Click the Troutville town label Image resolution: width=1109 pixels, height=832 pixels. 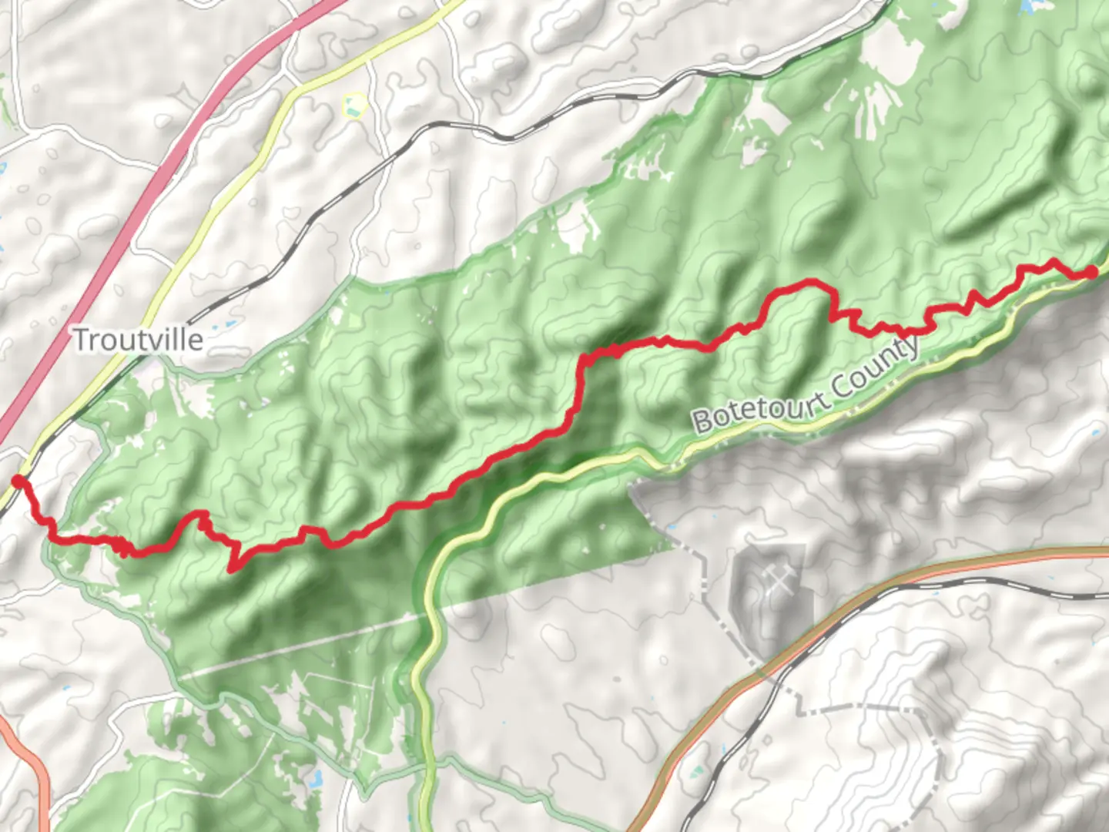[139, 340]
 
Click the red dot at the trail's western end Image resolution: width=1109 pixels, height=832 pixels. [17, 482]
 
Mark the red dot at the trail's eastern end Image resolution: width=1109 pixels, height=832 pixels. [1091, 272]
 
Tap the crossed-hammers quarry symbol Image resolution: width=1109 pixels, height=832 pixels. [779, 583]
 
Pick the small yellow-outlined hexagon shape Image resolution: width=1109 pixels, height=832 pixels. [353, 106]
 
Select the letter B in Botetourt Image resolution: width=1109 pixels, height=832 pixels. [701, 422]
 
